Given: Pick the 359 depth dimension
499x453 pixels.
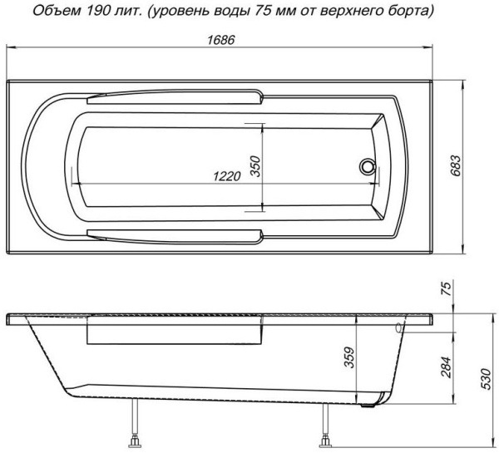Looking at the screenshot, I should click(350, 358).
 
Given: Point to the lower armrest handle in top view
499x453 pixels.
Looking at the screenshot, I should click(175, 234).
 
